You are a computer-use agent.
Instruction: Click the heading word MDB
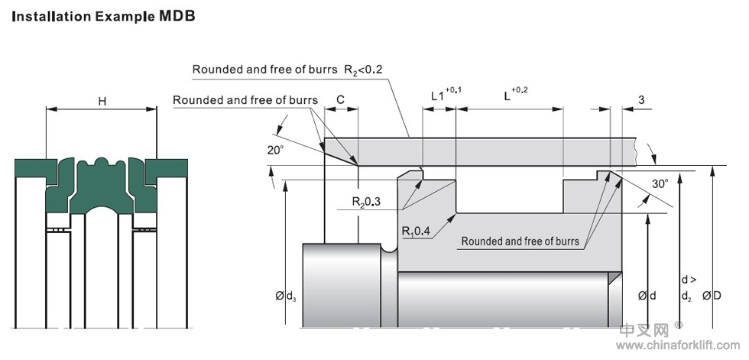(178, 15)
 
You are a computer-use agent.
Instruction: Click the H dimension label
(102, 100)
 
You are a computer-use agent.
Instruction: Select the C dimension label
(340, 99)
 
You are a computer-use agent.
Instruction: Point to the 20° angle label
(275, 151)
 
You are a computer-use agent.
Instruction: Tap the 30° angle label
(660, 183)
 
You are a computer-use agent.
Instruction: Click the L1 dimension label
(437, 96)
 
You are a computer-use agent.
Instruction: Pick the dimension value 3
(640, 99)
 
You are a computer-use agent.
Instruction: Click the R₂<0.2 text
(363, 70)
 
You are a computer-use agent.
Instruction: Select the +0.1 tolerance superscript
(453, 90)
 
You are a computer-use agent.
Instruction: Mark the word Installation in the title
(47, 15)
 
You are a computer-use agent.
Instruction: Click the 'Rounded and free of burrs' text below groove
(520, 242)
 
